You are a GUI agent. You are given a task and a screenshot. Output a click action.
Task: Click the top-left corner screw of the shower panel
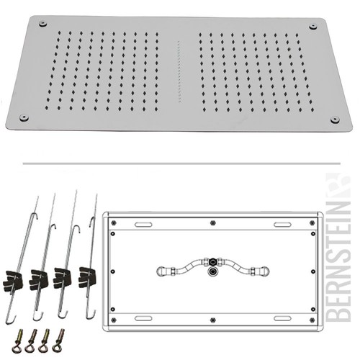(42, 24)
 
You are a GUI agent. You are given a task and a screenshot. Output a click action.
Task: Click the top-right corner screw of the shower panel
(312, 27)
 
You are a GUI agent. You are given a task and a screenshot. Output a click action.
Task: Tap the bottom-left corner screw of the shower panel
(24, 117)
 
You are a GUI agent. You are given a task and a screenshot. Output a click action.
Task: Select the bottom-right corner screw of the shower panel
(335, 120)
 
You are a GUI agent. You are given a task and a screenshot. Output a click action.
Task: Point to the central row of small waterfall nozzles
(179, 71)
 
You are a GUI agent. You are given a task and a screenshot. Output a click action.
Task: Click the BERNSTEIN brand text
(338, 247)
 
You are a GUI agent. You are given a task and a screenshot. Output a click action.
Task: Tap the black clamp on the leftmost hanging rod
(13, 280)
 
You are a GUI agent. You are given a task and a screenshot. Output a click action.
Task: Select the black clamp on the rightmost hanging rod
(87, 276)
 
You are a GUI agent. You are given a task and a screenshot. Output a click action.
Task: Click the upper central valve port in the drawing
(212, 261)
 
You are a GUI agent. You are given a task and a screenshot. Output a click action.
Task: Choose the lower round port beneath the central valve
(212, 271)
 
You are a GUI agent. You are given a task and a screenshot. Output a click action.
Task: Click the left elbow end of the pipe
(161, 271)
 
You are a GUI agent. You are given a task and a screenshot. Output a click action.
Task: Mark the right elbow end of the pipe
(265, 271)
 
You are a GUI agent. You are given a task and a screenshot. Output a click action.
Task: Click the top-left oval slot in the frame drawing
(143, 225)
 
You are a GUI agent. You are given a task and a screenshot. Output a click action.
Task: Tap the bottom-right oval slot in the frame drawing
(282, 318)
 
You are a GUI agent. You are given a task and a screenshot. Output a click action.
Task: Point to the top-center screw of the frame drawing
(212, 223)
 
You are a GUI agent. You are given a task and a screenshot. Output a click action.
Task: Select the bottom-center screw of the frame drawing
(212, 320)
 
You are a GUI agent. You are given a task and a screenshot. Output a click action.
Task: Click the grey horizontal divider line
(181, 163)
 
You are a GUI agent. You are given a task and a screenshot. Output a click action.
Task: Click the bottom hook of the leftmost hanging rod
(11, 319)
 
